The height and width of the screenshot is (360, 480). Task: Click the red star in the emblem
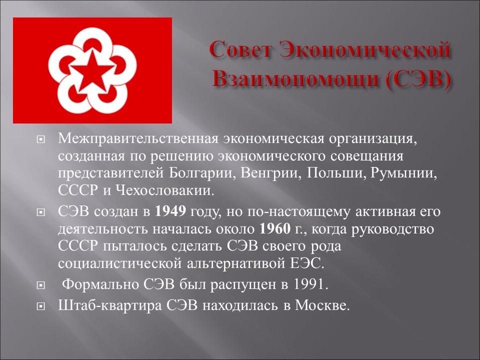click(x=92, y=70)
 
